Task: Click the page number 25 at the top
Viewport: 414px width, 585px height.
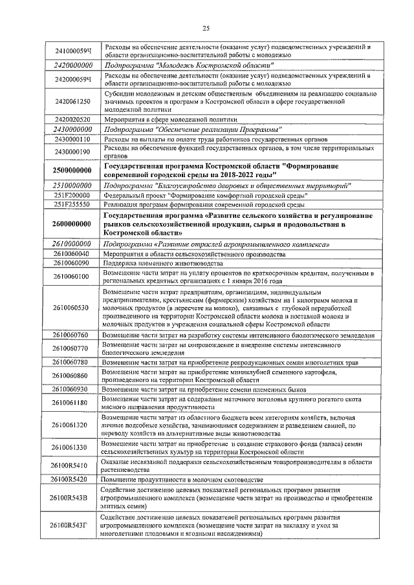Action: point(206,28)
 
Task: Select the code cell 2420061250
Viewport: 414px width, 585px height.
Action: point(72,101)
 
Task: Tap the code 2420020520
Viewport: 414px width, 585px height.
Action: point(72,120)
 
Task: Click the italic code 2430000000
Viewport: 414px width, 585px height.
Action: point(72,129)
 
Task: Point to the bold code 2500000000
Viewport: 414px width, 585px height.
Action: point(72,171)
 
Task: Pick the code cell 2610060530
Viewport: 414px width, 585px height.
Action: point(72,308)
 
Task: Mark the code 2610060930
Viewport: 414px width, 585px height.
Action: point(72,389)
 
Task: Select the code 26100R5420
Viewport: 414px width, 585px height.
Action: point(72,479)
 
